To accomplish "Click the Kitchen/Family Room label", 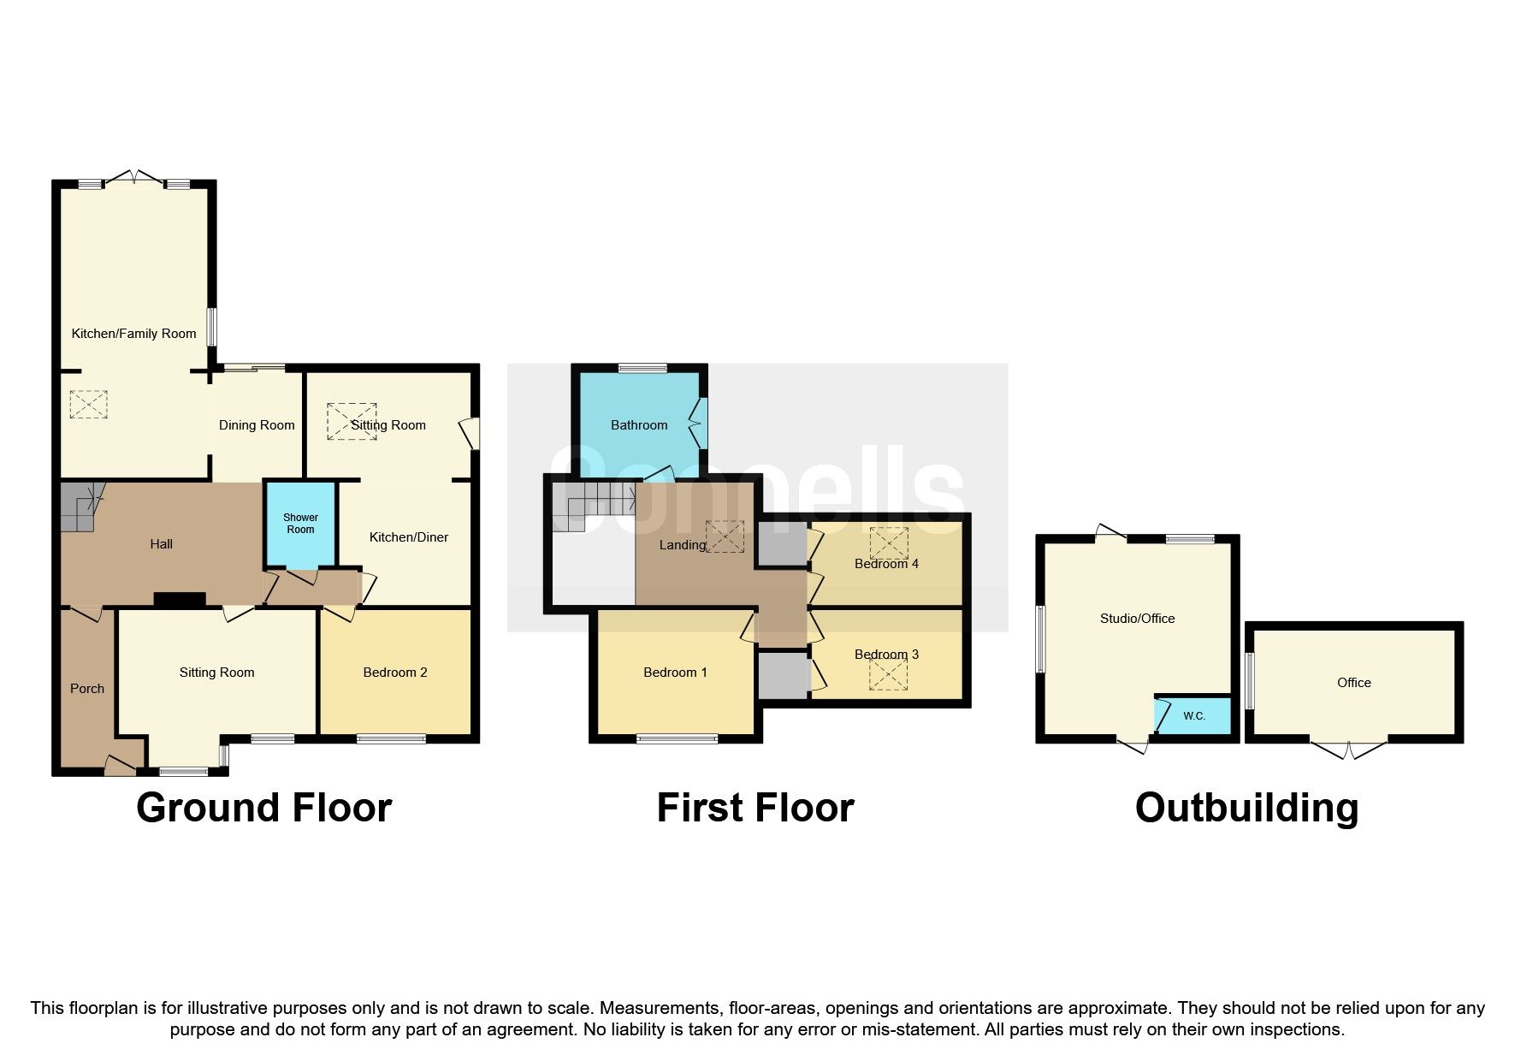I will point(133,334).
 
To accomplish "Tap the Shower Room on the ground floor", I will point(300,524).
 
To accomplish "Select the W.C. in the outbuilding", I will point(1194,715).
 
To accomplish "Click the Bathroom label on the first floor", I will point(639,425).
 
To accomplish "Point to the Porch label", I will point(87,689).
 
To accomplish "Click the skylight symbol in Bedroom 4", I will point(889,542).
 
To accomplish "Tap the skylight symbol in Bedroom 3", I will point(888,675).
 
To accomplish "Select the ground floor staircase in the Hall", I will point(79,507).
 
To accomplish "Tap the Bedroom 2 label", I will point(395,673).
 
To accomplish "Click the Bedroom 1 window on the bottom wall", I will point(677,738).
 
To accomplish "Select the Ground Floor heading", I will point(263,808).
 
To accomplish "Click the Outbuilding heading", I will point(1246,808).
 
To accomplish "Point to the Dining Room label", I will point(257,425).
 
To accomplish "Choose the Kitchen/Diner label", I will point(409,537).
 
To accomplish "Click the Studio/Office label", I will point(1137,619).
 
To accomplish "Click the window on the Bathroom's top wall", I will point(642,368).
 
